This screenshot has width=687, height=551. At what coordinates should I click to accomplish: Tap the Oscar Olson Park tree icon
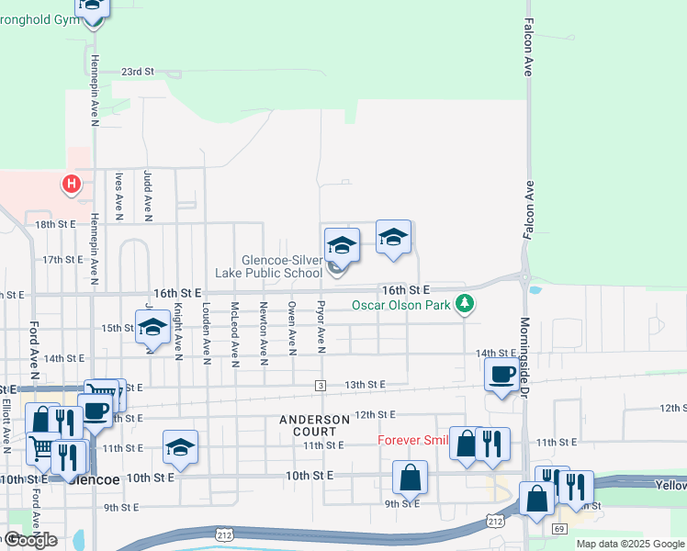[467, 304]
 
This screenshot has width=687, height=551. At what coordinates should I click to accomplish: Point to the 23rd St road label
[138, 71]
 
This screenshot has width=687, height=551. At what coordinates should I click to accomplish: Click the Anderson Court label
[315, 425]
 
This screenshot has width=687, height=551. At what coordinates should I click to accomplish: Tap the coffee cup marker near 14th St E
[501, 375]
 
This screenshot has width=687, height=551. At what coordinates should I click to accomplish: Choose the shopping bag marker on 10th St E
[410, 477]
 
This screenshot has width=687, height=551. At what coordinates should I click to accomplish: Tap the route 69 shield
[558, 529]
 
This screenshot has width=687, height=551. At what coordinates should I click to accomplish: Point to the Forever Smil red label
[412, 440]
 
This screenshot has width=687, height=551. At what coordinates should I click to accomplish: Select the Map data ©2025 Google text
[629, 544]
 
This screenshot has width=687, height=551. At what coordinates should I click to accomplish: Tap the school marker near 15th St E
[152, 328]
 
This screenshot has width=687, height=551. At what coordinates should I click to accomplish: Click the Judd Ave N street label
[147, 195]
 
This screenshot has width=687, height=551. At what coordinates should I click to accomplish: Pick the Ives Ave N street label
[118, 195]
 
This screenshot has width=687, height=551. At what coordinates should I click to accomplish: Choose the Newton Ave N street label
[264, 329]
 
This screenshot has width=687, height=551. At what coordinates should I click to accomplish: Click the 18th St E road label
[54, 224]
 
